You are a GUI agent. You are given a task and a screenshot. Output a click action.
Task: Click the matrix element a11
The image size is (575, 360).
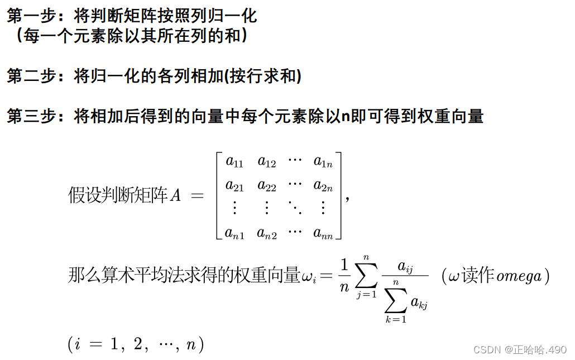pyautogui.click(x=234, y=162)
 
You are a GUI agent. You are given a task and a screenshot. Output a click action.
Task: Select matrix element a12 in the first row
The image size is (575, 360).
pyautogui.click(x=267, y=162)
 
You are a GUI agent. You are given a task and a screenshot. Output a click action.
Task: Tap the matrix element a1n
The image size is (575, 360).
pyautogui.click(x=323, y=162)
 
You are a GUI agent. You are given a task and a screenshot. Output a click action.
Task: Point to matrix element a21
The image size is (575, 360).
pyautogui.click(x=234, y=185)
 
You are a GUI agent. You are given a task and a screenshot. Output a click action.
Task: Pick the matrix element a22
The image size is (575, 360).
pyautogui.click(x=267, y=185)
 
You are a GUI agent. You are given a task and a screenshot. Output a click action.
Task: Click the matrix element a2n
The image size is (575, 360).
pyautogui.click(x=323, y=185)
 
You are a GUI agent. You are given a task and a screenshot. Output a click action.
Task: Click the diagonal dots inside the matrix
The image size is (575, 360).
pyautogui.click(x=294, y=209)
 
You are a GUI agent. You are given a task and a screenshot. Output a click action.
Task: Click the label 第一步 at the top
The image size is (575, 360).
pyautogui.click(x=32, y=16)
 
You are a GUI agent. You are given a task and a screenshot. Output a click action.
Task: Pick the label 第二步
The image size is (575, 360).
pyautogui.click(x=32, y=76)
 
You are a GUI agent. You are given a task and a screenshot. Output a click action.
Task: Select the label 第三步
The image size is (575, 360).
pyautogui.click(x=32, y=117)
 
